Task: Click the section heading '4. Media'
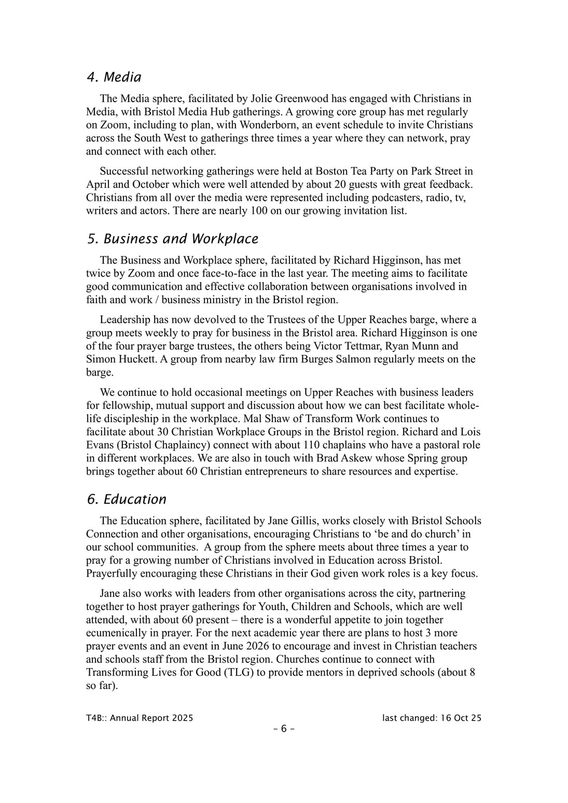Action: click(114, 77)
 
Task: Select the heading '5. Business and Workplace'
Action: click(172, 239)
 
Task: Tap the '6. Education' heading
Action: click(127, 499)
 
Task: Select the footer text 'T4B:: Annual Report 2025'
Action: click(140, 718)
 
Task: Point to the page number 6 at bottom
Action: click(284, 729)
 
